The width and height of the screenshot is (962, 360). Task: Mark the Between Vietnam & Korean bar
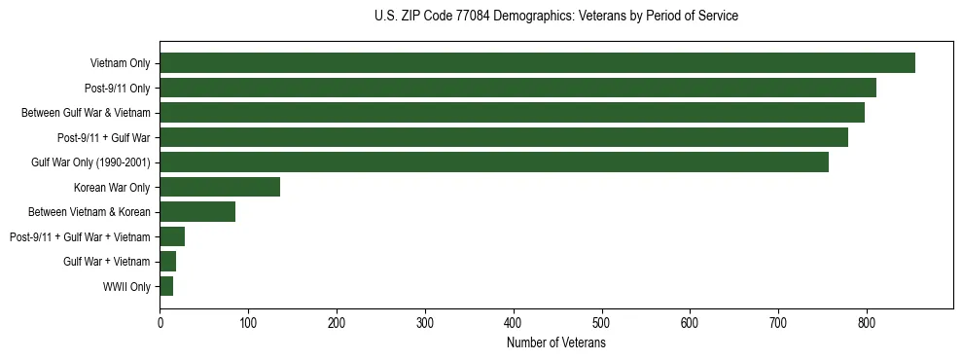[x=197, y=211]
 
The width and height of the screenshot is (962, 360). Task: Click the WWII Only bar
[x=166, y=286]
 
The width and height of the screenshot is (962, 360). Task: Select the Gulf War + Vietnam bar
[x=167, y=261]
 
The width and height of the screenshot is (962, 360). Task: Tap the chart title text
[x=555, y=17]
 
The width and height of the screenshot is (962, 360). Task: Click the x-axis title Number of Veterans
[x=555, y=343]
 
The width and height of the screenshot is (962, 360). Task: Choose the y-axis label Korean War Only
[x=111, y=187]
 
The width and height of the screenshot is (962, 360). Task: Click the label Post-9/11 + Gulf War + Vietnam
[x=80, y=236]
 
